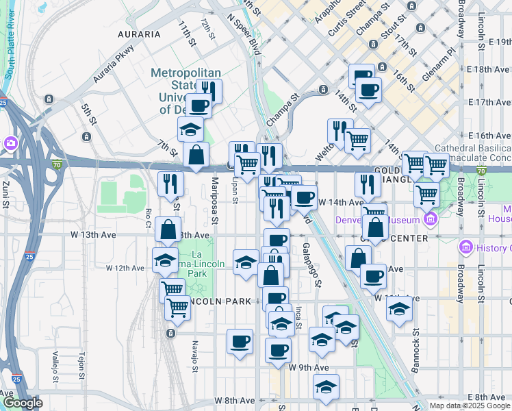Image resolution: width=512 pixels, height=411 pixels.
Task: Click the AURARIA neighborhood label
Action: [139, 34]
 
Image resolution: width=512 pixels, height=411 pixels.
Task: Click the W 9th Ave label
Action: [309, 368]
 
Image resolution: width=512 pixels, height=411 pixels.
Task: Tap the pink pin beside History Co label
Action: [466, 246]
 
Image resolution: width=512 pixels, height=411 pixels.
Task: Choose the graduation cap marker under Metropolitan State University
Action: [190, 129]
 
